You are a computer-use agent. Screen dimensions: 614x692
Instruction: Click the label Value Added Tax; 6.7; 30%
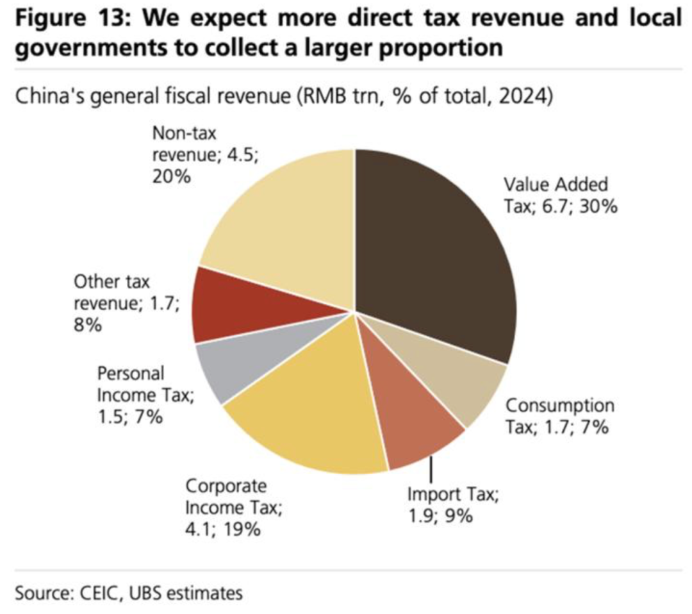point(560,195)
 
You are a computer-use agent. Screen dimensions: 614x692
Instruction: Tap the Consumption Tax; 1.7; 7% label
point(559,416)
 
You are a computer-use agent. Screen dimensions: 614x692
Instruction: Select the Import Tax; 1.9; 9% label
point(452,504)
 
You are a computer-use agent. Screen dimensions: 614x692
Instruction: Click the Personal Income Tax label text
point(145,395)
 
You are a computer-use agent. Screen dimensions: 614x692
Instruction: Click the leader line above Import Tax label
point(430,467)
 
